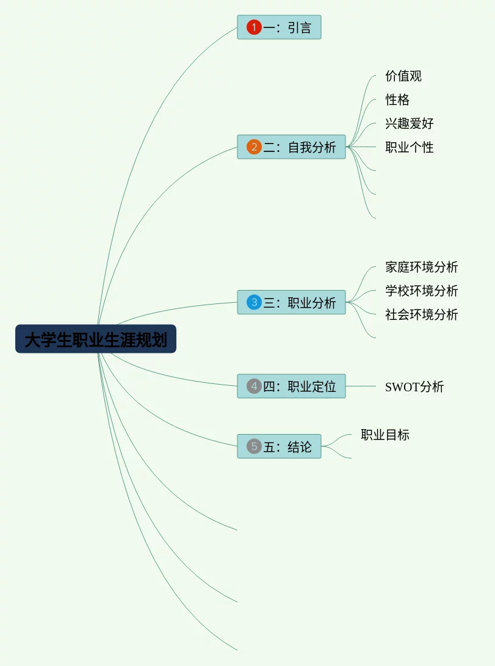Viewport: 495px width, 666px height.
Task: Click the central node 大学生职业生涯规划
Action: [96, 339]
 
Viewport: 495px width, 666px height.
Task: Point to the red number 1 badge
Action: [254, 27]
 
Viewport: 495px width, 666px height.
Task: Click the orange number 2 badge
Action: [254, 147]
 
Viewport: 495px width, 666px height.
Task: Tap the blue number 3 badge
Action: [254, 303]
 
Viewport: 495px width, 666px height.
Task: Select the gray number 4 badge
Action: [254, 386]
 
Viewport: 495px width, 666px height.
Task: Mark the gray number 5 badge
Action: [254, 446]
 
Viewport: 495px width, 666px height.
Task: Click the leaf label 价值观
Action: [403, 76]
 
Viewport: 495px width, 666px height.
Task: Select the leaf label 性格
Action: [397, 100]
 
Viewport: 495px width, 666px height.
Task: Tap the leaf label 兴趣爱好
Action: [410, 123]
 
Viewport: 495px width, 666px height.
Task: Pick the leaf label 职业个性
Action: [410, 147]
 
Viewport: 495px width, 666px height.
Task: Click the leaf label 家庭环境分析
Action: [421, 267]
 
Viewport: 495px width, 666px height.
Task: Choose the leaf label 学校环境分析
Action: [421, 291]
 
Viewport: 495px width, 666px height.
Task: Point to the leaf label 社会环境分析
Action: [421, 314]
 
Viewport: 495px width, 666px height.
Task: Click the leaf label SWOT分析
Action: [414, 386]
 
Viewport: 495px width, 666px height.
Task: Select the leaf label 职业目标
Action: [385, 435]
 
